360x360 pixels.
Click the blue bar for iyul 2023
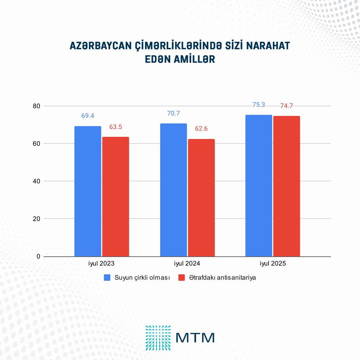point(88,191)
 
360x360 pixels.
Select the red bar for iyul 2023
point(116,197)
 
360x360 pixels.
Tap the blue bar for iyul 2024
point(174,190)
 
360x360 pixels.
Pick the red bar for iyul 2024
point(201,198)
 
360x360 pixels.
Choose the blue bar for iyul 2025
point(259,185)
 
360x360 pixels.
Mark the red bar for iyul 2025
point(287,186)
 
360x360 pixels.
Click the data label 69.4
point(88,116)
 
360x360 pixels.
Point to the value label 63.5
point(116,127)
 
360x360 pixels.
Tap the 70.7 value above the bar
point(174,113)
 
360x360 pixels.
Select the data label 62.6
point(201,129)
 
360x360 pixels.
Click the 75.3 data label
point(259,105)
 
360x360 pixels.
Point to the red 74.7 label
point(287,106)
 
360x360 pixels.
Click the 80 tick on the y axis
point(36,106)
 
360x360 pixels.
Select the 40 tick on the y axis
point(36,181)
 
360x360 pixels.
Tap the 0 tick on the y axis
point(39,256)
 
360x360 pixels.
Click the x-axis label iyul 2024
point(187,264)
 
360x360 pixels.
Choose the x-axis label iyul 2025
point(273,264)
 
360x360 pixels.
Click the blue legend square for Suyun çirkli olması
point(107,277)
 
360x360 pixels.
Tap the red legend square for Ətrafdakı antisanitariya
point(181,277)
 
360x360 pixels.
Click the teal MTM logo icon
point(158,338)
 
